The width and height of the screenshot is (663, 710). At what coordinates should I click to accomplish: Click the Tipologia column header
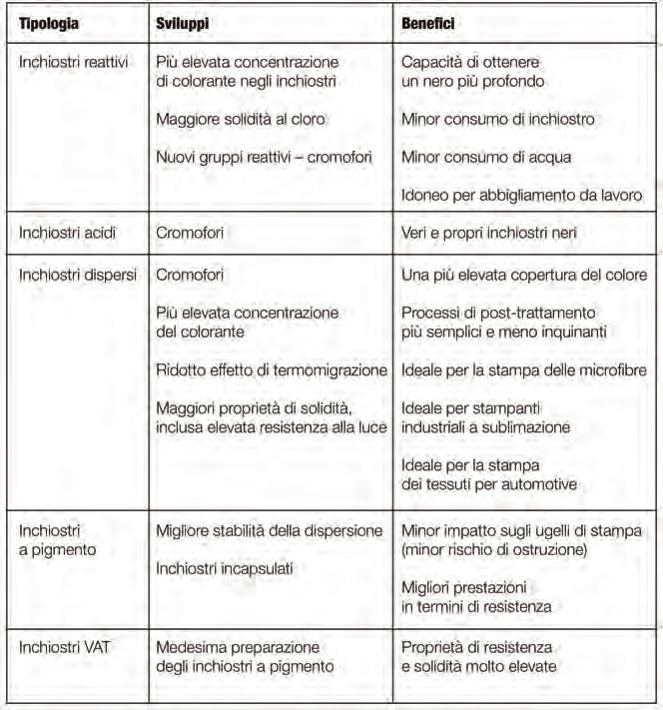click(x=53, y=22)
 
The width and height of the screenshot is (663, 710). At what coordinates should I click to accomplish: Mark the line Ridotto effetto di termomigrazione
click(x=272, y=370)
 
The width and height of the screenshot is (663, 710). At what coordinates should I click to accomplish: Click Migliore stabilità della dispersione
click(x=270, y=529)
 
